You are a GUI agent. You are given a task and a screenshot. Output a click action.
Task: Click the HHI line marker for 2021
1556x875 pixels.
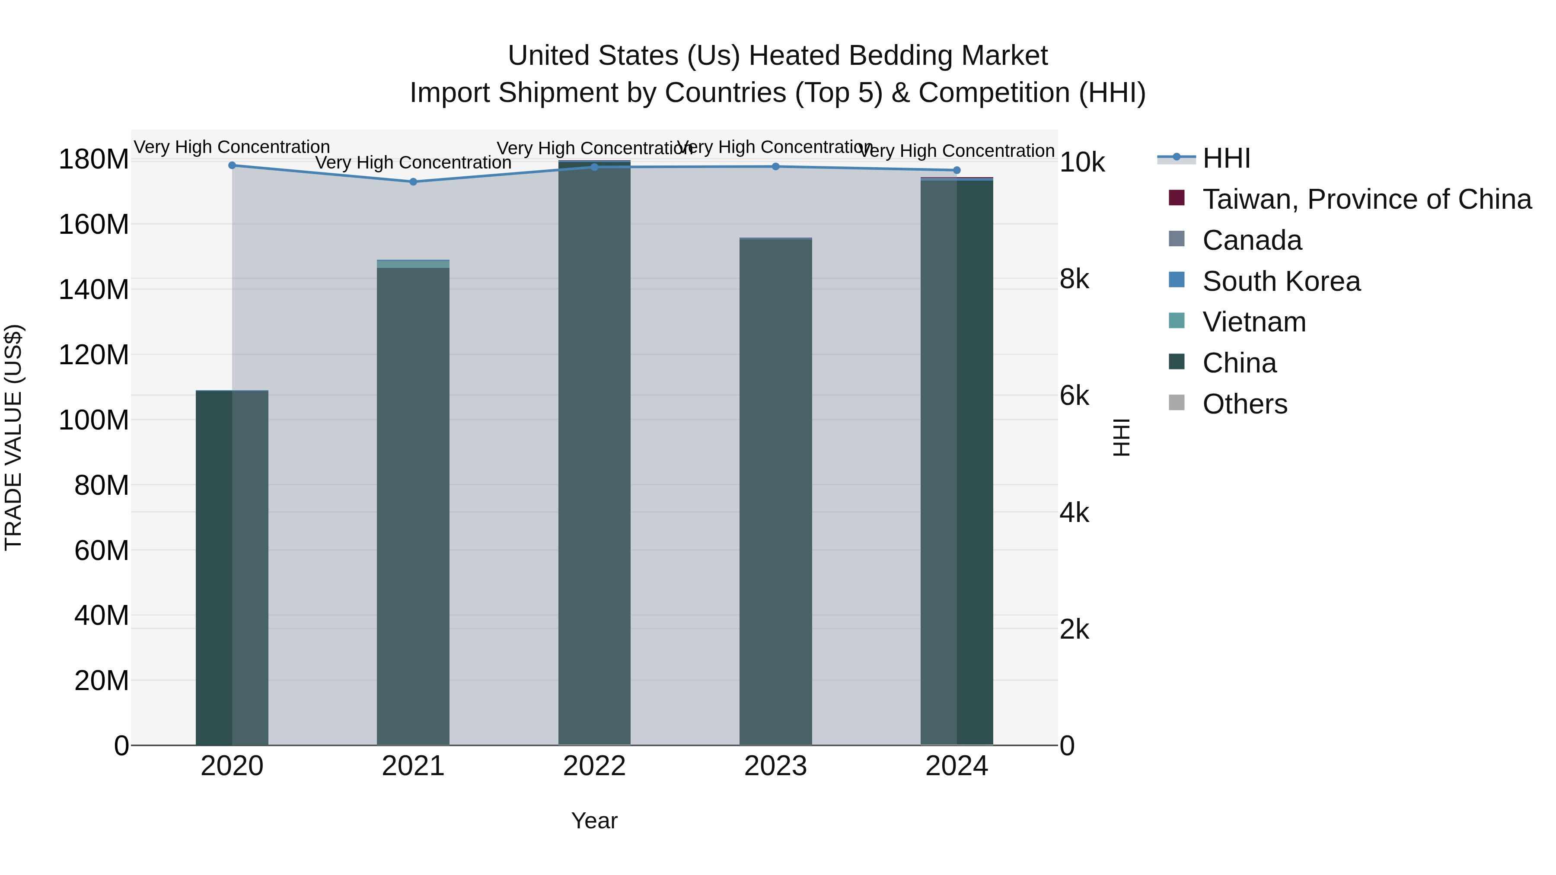tap(413, 182)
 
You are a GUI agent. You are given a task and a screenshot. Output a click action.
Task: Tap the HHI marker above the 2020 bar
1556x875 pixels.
tap(232, 165)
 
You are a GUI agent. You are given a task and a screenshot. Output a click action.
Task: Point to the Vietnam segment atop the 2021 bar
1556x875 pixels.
tap(413, 264)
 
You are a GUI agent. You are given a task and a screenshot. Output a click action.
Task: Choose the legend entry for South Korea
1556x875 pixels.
tap(1281, 281)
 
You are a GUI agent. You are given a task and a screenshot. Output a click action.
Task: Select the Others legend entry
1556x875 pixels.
tap(1244, 404)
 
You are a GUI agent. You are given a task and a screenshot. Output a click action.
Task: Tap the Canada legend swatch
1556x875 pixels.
tap(1177, 239)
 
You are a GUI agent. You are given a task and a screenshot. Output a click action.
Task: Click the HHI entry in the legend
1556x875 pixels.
tap(1226, 158)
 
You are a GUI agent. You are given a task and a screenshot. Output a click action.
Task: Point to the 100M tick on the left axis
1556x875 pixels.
tap(94, 420)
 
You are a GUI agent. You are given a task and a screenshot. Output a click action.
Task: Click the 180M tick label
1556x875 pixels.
tap(94, 159)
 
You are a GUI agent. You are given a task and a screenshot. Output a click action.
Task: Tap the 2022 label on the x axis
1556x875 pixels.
tap(594, 766)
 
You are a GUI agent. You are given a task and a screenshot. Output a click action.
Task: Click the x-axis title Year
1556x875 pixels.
tap(594, 821)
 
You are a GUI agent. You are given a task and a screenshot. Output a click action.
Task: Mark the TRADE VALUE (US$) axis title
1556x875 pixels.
tap(13, 437)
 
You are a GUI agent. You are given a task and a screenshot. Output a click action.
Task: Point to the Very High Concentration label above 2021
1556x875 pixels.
tap(413, 162)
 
